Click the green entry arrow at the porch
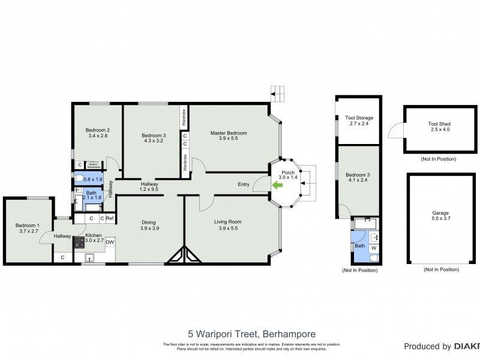277,185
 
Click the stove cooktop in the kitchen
79,243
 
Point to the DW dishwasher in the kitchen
110,242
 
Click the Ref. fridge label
110,218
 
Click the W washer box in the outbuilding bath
374,247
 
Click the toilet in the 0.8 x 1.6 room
80,178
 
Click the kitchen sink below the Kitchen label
89,258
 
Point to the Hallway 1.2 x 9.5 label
149,187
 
